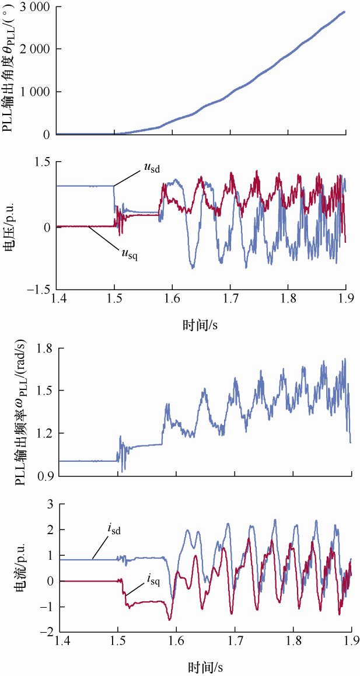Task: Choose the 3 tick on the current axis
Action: (x=51, y=504)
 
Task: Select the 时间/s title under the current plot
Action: (x=207, y=666)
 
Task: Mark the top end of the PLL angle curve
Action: (x=344, y=12)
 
